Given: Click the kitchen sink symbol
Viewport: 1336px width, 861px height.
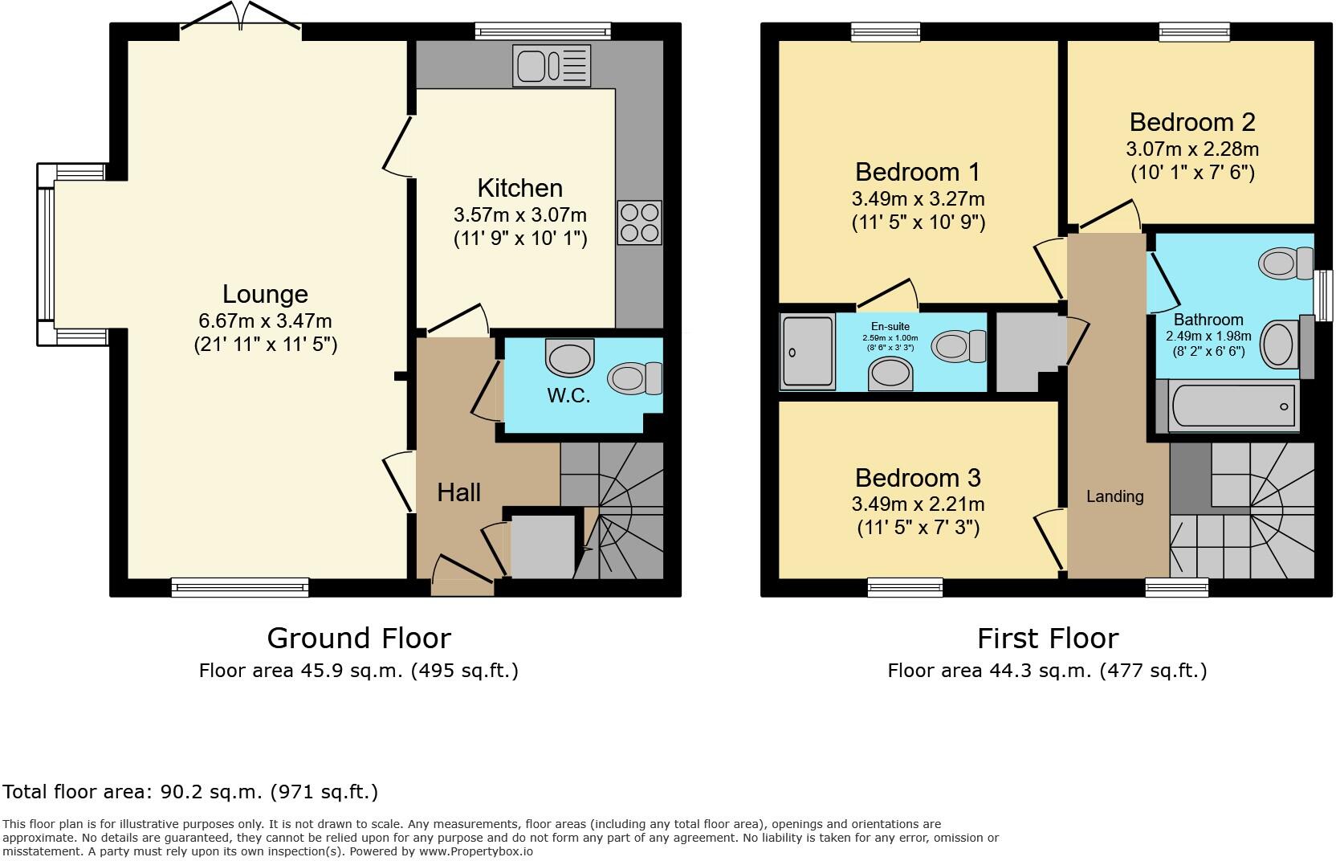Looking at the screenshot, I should (x=552, y=66).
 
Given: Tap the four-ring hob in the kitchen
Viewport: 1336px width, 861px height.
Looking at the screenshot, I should (x=640, y=222).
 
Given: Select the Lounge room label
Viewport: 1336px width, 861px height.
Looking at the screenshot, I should (x=265, y=294).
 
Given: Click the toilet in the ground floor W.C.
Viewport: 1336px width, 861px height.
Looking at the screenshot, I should (x=635, y=378).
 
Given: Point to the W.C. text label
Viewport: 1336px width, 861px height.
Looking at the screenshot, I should (x=569, y=395).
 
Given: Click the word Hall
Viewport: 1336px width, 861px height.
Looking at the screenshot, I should (x=458, y=492).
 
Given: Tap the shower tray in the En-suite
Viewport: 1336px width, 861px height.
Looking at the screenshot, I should (x=807, y=352).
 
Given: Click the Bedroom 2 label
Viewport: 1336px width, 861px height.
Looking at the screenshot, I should (x=1191, y=122).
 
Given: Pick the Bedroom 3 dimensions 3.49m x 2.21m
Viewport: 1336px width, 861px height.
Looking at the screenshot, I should (x=918, y=504).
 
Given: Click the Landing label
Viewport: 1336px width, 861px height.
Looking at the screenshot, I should (x=1114, y=496).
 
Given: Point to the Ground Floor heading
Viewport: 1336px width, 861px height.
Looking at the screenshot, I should (x=358, y=638).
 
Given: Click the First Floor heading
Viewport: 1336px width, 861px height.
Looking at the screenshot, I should (x=1047, y=638).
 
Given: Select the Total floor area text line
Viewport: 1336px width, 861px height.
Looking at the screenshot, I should (x=190, y=792).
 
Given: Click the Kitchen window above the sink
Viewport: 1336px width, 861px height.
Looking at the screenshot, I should (x=542, y=31).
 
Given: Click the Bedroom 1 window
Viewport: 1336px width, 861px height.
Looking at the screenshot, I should (x=886, y=31).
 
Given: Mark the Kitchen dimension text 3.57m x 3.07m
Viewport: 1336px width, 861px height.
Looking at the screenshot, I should (x=519, y=215).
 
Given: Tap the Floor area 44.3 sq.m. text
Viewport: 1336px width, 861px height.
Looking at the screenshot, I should (x=1047, y=671).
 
